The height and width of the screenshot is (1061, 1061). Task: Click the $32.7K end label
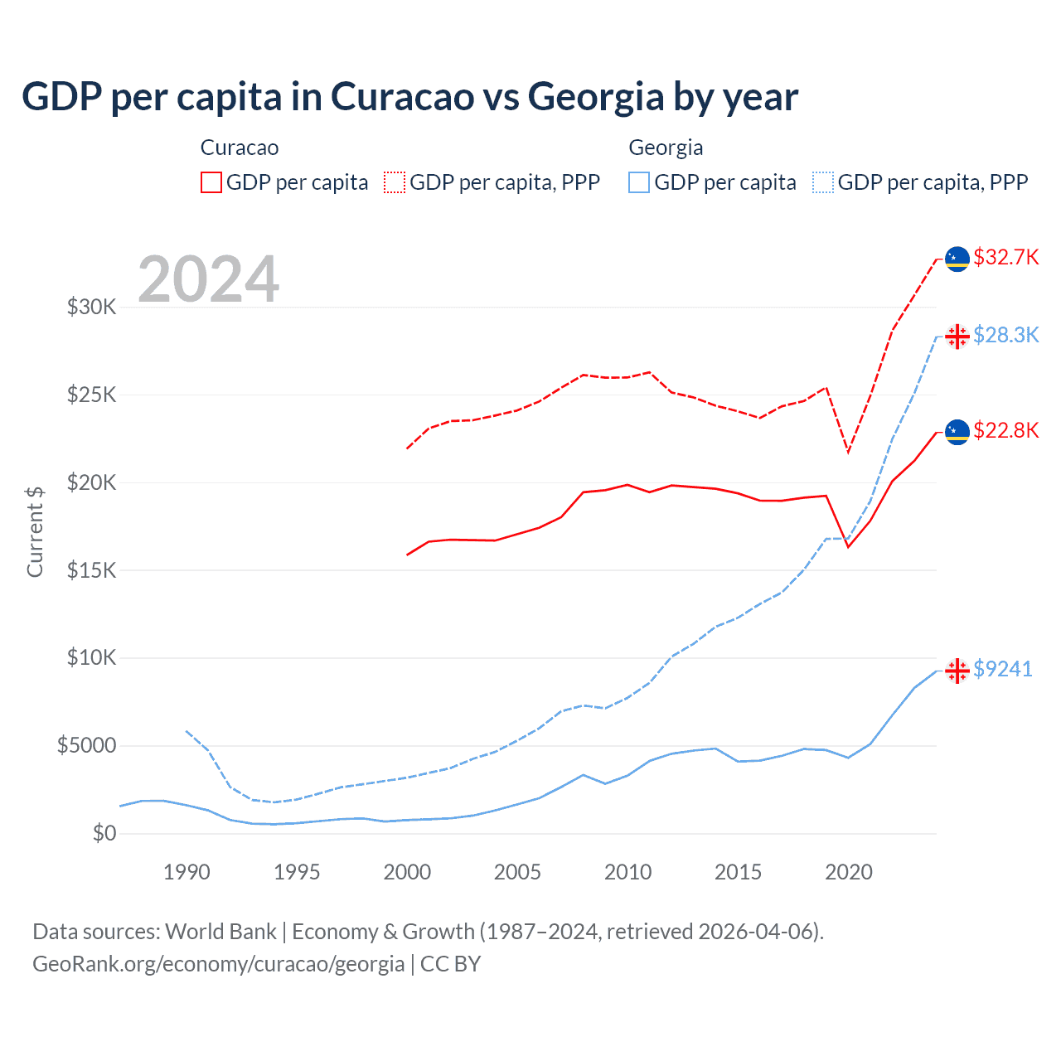tap(1005, 257)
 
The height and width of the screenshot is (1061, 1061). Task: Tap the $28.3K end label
tap(1005, 335)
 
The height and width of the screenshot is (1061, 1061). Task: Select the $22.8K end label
tap(1005, 430)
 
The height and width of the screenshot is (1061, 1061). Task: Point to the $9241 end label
tap(1002, 669)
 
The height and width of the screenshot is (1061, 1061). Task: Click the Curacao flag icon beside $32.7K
tap(957, 259)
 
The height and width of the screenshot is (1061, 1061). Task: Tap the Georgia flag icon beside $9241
tap(957, 671)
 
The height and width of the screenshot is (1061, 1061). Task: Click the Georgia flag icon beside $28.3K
tap(957, 336)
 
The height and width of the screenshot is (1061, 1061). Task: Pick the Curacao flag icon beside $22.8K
tap(957, 432)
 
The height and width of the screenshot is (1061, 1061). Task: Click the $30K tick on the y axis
tap(92, 308)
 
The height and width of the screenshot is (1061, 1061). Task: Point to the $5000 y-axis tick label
tap(87, 746)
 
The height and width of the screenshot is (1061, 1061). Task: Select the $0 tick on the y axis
tap(104, 833)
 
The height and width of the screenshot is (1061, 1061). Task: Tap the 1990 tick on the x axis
tap(187, 872)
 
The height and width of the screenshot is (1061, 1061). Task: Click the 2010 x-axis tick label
tap(627, 872)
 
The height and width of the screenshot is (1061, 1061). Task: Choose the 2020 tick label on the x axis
tap(848, 872)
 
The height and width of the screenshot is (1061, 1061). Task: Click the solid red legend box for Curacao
tap(211, 182)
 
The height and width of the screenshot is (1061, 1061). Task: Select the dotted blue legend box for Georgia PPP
tap(823, 182)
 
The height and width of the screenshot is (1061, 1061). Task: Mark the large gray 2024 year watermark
tap(208, 279)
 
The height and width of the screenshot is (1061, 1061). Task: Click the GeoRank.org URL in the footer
tap(218, 964)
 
